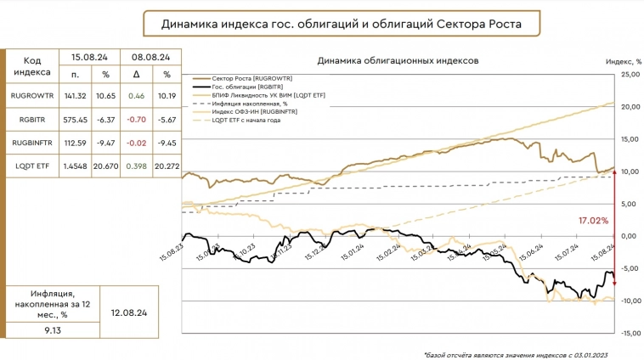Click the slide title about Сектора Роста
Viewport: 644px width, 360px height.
click(341, 25)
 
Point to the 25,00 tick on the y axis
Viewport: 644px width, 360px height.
click(630, 75)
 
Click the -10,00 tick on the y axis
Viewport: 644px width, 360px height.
click(630, 301)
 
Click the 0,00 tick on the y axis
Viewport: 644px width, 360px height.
click(630, 236)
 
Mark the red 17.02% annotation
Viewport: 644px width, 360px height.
click(593, 220)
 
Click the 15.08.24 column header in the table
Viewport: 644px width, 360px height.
click(89, 57)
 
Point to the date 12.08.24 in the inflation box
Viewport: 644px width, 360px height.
click(129, 312)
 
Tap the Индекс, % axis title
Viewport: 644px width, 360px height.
click(622, 62)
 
